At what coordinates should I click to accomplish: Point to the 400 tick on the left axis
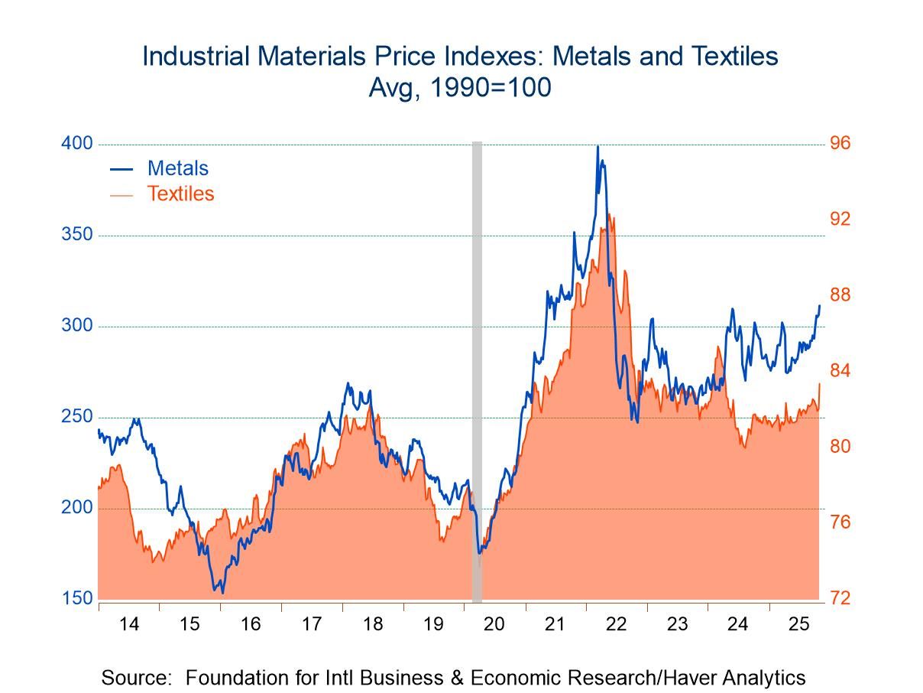click(76, 144)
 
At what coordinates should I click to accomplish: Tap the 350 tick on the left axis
click(76, 235)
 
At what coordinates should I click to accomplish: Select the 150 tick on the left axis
click(76, 598)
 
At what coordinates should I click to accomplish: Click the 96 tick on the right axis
click(840, 144)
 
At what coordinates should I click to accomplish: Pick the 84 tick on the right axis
click(840, 371)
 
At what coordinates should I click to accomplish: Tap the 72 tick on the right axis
click(840, 598)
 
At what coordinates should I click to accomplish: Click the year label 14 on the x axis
click(129, 624)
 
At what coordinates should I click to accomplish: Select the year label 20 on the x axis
click(494, 624)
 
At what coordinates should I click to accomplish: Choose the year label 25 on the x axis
click(798, 624)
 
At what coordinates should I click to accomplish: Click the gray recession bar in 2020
click(477, 367)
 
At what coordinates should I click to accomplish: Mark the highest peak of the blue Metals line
click(598, 147)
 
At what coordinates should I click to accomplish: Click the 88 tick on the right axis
click(840, 295)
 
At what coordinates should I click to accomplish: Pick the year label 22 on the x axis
click(616, 624)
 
